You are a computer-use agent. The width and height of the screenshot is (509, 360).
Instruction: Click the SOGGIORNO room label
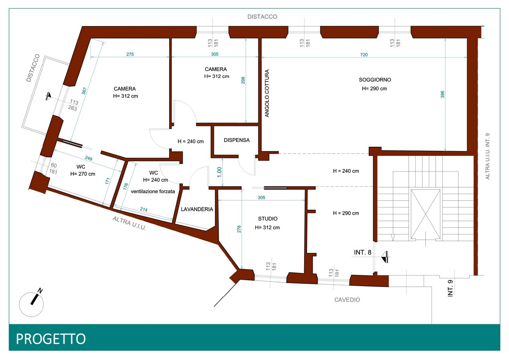pos(375,80)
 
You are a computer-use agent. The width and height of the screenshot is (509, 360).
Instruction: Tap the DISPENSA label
pos(237,140)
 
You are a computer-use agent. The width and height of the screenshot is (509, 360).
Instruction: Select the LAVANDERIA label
pos(197,209)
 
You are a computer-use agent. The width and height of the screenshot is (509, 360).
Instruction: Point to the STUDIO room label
pos(268,218)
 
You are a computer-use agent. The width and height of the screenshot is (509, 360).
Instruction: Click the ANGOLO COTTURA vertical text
pos(267,93)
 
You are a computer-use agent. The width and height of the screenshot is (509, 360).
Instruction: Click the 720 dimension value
pos(364,55)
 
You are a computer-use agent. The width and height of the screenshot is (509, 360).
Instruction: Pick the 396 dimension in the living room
pos(442,94)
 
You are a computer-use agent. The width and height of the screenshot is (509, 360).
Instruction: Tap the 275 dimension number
pos(130,54)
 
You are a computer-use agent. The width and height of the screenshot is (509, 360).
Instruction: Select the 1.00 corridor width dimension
pos(219,172)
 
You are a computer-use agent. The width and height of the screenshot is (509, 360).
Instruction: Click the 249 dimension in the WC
pos(89,158)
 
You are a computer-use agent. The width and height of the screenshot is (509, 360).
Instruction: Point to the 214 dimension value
pos(143,209)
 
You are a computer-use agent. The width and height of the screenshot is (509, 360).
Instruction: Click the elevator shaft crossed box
pos(425,214)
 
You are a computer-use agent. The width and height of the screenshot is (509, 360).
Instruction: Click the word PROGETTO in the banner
pos(51,339)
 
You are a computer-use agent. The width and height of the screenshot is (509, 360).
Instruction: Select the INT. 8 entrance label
pos(363,252)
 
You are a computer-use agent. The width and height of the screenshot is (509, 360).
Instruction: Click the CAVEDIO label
pos(347,300)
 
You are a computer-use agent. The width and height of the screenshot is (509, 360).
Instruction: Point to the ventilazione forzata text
pos(153,191)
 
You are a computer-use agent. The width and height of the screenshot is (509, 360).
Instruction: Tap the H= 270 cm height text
pos(83,174)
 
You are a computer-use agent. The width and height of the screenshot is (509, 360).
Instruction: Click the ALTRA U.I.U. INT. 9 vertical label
pos(487,156)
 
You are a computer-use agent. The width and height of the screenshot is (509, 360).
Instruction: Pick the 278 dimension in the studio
pos(239,229)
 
